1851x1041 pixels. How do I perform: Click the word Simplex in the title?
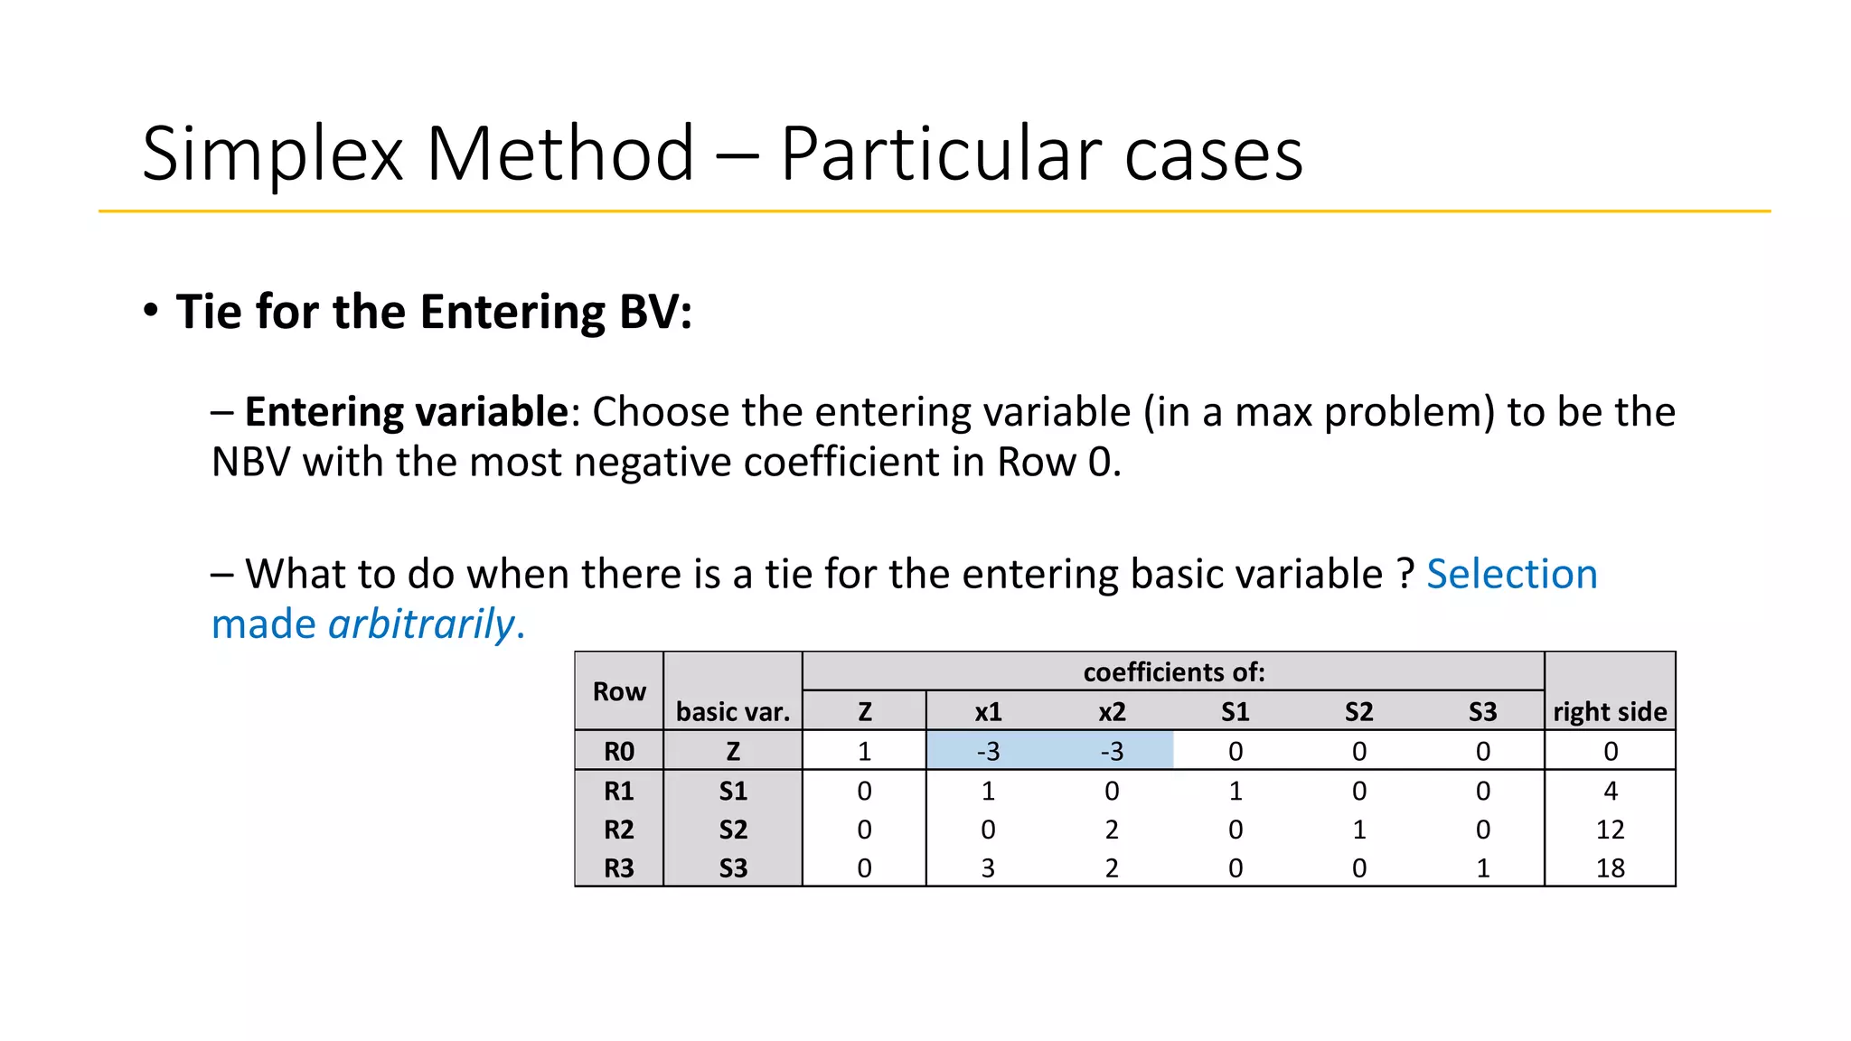pyautogui.click(x=272, y=155)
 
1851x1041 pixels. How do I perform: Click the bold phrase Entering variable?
pyautogui.click(x=406, y=412)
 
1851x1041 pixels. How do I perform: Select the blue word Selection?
pyautogui.click(x=1511, y=574)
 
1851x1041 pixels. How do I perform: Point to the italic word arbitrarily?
pyautogui.click(x=421, y=624)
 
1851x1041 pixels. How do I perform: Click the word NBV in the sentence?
pyautogui.click(x=251, y=463)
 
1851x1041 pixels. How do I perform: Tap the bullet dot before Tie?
pyautogui.click(x=151, y=310)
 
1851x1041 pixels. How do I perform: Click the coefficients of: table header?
pyautogui.click(x=1173, y=672)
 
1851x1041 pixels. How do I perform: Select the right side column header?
pyautogui.click(x=1610, y=712)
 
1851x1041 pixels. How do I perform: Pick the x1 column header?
pyautogui.click(x=988, y=712)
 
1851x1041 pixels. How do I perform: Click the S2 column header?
pyautogui.click(x=1358, y=712)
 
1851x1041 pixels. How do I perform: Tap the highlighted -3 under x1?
pyautogui.click(x=988, y=751)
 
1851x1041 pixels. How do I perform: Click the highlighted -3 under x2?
pyautogui.click(x=1112, y=751)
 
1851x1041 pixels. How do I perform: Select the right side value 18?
pyautogui.click(x=1610, y=868)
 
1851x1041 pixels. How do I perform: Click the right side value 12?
pyautogui.click(x=1610, y=830)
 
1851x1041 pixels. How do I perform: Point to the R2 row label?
pyautogui.click(x=619, y=830)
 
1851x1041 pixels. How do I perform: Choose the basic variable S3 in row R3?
pyautogui.click(x=733, y=868)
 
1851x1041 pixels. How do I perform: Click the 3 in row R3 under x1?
pyautogui.click(x=988, y=868)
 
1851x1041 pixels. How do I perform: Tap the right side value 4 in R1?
pyautogui.click(x=1610, y=791)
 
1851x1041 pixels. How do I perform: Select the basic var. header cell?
pyautogui.click(x=733, y=712)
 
